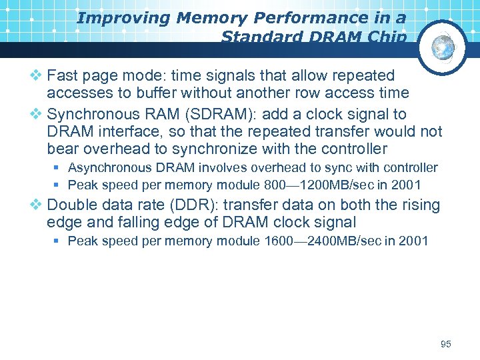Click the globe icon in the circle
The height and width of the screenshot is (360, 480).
(x=443, y=47)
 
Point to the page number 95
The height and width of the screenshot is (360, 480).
(x=446, y=344)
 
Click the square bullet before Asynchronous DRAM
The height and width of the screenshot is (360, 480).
(x=58, y=168)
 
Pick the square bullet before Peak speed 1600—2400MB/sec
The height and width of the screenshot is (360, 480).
(x=58, y=241)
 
